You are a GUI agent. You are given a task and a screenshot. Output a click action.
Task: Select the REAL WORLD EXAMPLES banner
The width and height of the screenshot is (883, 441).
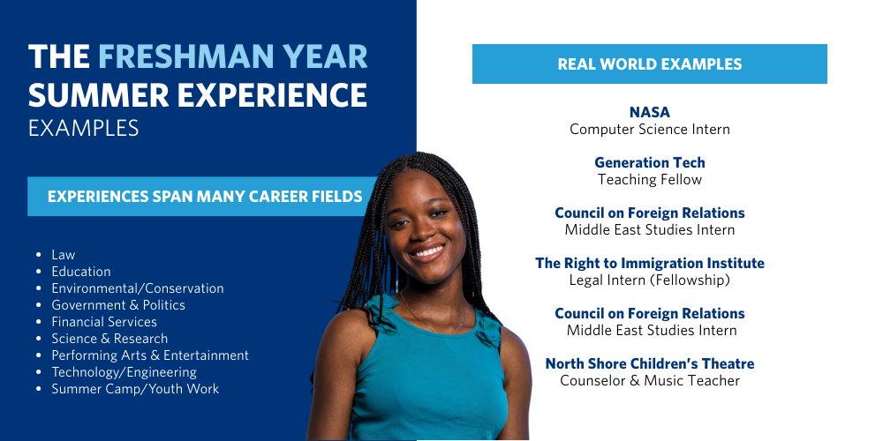click(x=649, y=64)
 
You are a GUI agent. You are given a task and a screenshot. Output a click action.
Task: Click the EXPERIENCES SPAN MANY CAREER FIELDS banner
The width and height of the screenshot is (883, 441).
click(x=204, y=197)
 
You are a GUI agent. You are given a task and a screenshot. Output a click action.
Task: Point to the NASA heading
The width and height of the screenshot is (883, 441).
click(x=649, y=112)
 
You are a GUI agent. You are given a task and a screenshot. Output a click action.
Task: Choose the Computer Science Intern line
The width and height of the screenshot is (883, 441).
click(x=649, y=130)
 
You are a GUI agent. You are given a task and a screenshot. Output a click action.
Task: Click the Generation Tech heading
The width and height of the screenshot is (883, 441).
click(x=649, y=162)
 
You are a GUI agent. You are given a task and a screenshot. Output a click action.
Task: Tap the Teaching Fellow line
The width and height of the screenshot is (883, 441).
click(x=649, y=180)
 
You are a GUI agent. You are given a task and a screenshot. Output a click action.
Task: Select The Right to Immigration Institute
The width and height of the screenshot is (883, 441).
click(x=649, y=263)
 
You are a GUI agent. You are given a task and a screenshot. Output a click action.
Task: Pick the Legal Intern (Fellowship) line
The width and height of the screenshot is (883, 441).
click(x=649, y=280)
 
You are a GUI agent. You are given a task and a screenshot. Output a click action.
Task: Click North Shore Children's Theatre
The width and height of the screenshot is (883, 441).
click(x=649, y=363)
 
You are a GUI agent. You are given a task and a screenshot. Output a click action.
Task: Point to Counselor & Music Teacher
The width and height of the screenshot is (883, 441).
click(x=649, y=381)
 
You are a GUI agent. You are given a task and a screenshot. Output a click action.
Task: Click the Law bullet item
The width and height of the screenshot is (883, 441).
click(x=64, y=255)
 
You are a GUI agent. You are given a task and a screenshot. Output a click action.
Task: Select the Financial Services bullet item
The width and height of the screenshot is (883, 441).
click(x=104, y=322)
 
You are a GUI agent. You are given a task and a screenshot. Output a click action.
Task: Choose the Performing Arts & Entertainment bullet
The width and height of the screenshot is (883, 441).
click(x=150, y=355)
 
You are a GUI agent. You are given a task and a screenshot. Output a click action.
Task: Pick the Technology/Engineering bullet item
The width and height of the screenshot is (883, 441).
click(x=124, y=372)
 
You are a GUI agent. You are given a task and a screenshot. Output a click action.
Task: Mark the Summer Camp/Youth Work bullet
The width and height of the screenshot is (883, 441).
click(x=135, y=389)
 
